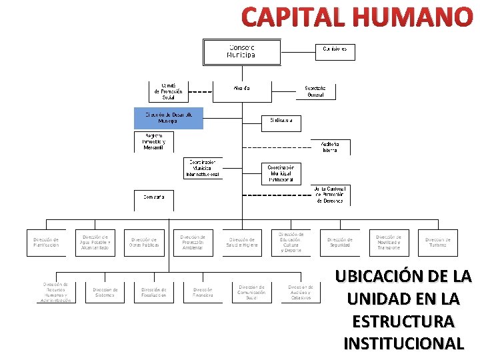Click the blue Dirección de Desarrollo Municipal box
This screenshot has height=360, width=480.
coord(168,118)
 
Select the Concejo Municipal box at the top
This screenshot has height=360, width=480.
coord(241,51)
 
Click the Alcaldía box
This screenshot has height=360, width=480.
coord(242,88)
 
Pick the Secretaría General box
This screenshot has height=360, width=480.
coord(315,91)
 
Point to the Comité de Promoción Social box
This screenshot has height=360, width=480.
coord(168,91)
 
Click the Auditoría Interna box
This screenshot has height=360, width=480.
coord(330,147)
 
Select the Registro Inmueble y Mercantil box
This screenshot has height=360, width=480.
coord(153,141)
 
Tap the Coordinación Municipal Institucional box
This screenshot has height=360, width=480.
coord(281,173)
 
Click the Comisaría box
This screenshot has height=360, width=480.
coord(153,197)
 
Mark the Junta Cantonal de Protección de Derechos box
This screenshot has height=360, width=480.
coord(330,195)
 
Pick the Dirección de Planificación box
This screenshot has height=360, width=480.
coord(46,242)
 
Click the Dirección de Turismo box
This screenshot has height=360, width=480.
coord(437,242)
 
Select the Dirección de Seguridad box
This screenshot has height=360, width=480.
coord(339,242)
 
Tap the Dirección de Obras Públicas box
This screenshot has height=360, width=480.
coord(144,242)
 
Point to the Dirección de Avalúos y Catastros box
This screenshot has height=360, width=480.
coord(301,292)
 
